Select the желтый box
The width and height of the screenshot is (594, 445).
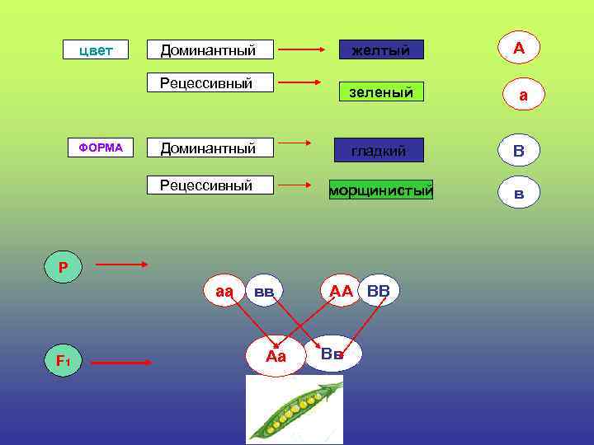click(x=380, y=51)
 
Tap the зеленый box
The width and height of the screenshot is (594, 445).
click(x=380, y=92)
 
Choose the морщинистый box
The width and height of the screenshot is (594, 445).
click(x=380, y=191)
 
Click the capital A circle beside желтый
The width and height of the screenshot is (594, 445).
click(x=518, y=49)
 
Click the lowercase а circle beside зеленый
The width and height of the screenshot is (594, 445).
click(x=522, y=96)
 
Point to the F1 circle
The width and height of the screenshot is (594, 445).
click(x=64, y=361)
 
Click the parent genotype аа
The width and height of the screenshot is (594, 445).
click(x=224, y=291)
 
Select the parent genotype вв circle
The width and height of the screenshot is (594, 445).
click(x=264, y=291)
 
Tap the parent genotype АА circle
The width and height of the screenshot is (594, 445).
click(x=341, y=291)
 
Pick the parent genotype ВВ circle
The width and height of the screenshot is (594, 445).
click(x=379, y=291)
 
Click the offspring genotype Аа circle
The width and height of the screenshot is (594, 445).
click(x=276, y=356)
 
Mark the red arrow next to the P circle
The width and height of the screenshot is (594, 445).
click(x=121, y=265)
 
